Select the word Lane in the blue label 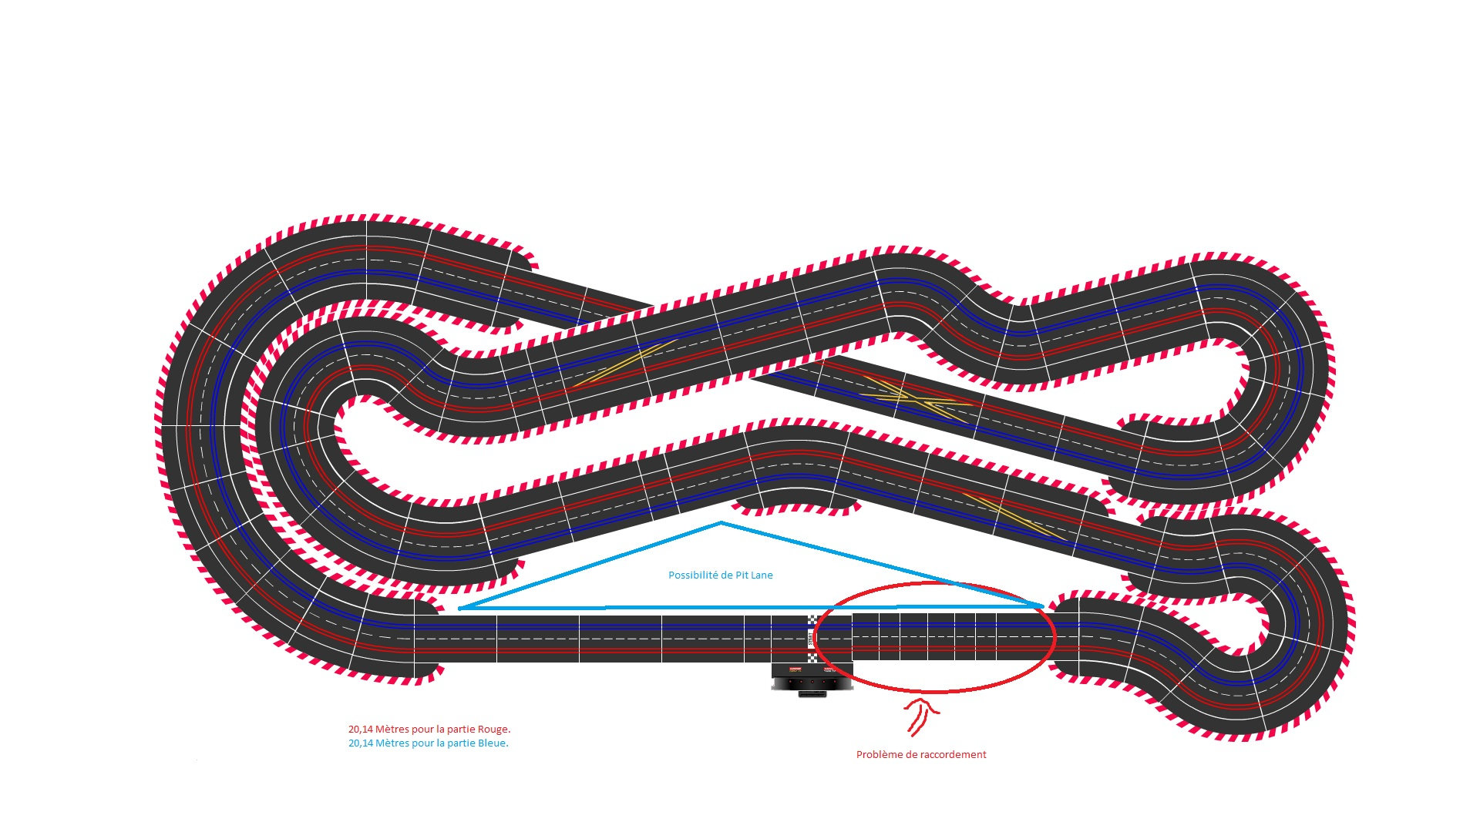coord(762,575)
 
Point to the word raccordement coord(951,755)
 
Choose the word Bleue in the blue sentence coord(493,743)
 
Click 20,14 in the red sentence coord(361,730)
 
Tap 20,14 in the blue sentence coord(361,743)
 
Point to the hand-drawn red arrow coord(919,716)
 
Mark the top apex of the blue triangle coord(721,523)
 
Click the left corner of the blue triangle coord(460,609)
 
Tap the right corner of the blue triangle coord(1042,606)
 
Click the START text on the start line coord(812,639)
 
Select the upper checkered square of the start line coord(812,620)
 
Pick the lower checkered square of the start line coord(812,658)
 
